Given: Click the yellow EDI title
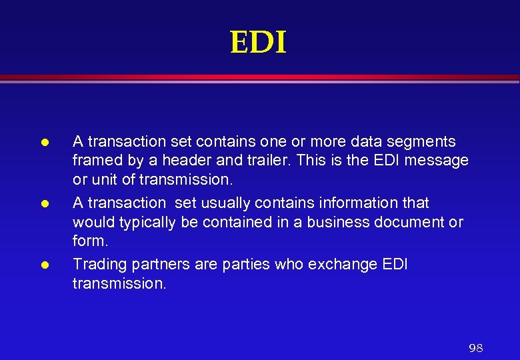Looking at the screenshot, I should tap(258, 43).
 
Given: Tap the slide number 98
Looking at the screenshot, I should tap(475, 348).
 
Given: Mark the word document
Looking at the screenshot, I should tap(407, 222).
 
